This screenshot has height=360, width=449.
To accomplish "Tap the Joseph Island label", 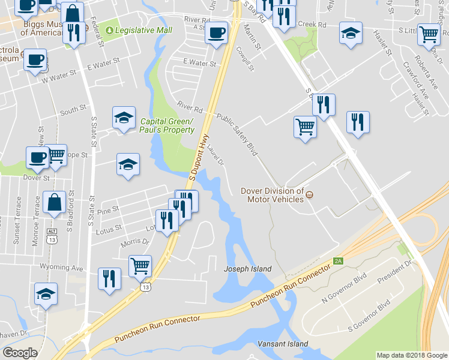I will [248, 269].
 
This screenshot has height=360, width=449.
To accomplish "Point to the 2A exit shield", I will [338, 261].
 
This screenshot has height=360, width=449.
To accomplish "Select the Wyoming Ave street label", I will [61, 267].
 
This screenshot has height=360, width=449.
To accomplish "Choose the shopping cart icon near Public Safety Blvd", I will [305, 127].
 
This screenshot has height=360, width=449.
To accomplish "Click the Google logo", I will [20, 353].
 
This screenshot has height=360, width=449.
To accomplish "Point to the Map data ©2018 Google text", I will [412, 355].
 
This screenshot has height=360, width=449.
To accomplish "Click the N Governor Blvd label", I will [344, 289].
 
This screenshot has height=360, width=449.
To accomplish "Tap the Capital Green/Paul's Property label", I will [167, 125].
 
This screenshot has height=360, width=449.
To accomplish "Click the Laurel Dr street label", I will [216, 157].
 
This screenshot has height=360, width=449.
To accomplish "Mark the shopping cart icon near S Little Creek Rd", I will [429, 34].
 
